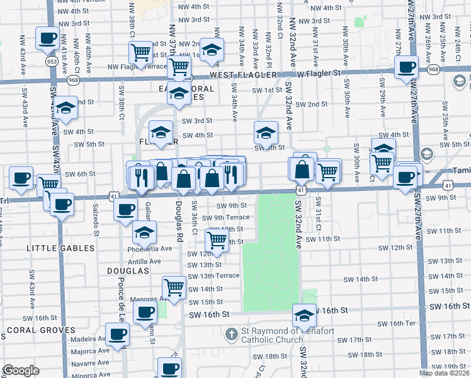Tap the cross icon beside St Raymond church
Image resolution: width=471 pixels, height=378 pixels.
point(232,333)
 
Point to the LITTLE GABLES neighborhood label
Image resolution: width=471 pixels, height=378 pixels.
point(60,248)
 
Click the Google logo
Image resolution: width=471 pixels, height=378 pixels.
point(21,370)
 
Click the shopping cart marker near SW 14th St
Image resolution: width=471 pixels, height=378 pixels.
point(174,287)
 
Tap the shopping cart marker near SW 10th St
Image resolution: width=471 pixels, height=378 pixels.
point(217,239)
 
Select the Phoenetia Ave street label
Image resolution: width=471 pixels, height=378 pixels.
point(149,248)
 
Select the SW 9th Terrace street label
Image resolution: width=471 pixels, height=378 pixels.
point(226,217)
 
